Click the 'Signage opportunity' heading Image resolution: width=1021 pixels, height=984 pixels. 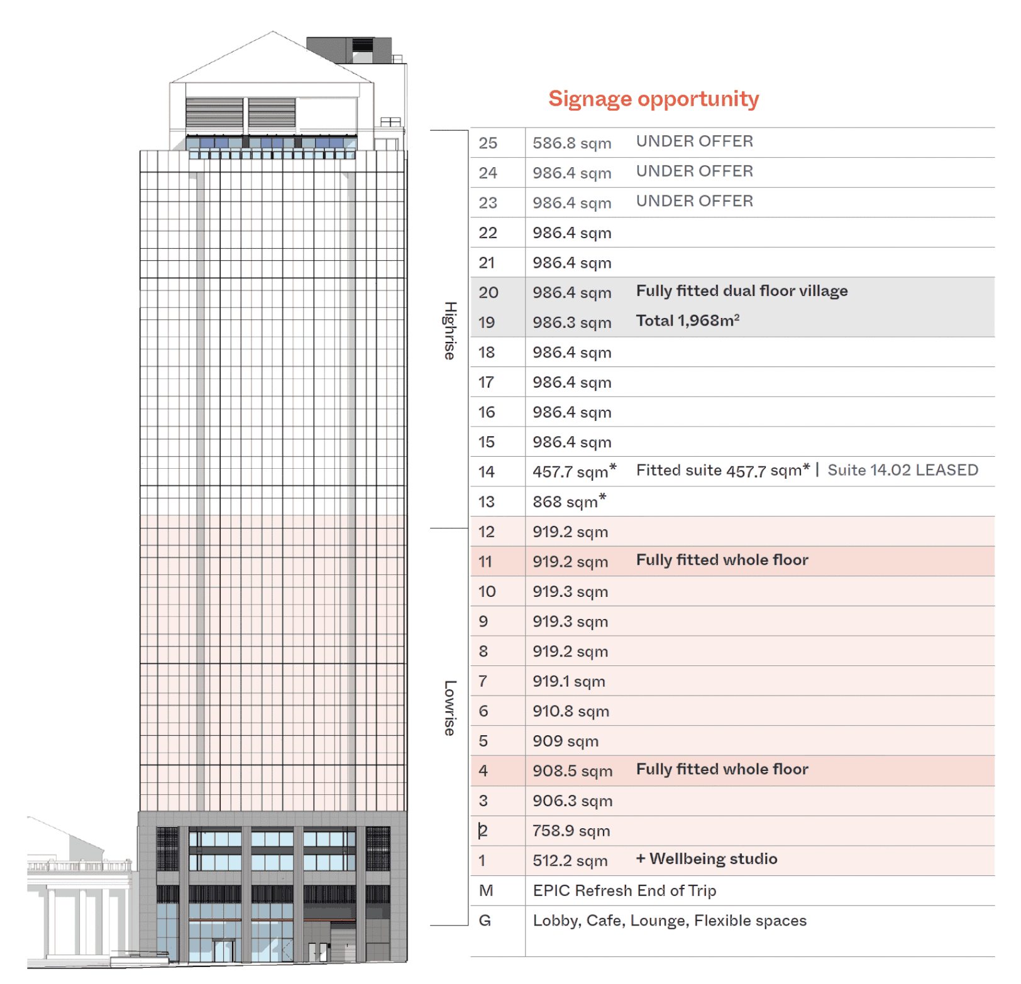653,99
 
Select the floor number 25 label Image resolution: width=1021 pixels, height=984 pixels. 488,143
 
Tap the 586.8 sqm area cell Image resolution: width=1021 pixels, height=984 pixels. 571,143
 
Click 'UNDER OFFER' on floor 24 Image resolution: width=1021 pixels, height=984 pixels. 694,171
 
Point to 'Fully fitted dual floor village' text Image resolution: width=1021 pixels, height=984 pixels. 741,291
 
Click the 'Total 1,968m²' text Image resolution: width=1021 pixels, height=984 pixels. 687,320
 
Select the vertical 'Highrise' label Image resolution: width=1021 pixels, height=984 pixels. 450,331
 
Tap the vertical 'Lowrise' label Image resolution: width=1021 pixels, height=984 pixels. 450,708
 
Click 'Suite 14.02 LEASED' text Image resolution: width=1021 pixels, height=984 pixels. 902,470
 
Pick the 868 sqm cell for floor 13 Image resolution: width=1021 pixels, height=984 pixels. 569,501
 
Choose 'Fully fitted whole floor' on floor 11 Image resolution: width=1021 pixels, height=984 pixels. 722,560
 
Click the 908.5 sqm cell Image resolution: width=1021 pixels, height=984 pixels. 572,771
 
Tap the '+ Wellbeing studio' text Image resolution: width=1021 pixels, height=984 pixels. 706,859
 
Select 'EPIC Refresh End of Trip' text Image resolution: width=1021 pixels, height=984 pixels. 624,890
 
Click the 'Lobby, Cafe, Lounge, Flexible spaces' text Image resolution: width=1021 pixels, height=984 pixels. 669,921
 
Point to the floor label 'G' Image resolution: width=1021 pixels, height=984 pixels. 485,921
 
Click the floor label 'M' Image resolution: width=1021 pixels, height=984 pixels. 486,890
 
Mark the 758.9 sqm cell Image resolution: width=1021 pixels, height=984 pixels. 571,831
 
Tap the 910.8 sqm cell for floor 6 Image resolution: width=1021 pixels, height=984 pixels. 571,711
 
